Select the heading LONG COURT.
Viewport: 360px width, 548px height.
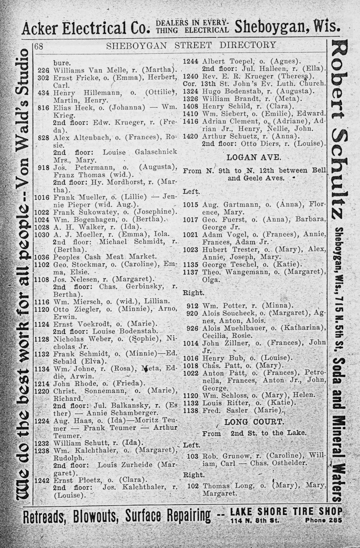coord(254,422)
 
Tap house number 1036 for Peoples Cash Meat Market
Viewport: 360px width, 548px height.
coord(41,257)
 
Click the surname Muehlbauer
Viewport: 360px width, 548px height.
coord(234,328)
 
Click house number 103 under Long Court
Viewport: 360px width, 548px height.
coord(192,456)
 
